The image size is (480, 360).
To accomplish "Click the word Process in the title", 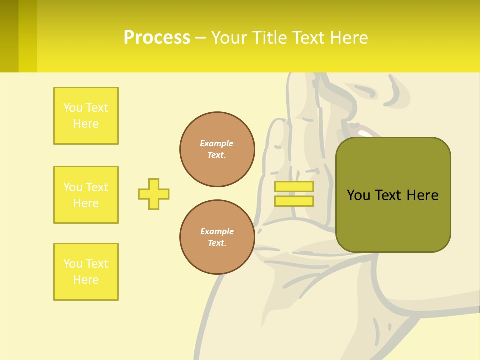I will pos(157,38).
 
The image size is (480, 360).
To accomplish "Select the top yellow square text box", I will pos(86,116).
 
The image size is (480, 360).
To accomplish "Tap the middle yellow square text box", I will pos(86,195).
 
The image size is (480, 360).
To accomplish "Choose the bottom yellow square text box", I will pos(86,272).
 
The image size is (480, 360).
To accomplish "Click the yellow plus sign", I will pos(154,194).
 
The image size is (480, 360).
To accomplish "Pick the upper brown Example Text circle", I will pos(217,149).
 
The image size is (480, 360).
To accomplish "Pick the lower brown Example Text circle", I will pos(217,237).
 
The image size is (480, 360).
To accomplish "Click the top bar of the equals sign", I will pos(294,187).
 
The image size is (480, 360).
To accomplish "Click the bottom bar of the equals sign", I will pos(294,201).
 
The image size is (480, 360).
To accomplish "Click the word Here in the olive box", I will pos(422,195).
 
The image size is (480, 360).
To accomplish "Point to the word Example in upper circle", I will pos(217,144).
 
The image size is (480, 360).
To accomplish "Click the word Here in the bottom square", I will pos(86,280).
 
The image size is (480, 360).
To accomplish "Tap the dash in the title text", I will pos(200,38).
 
